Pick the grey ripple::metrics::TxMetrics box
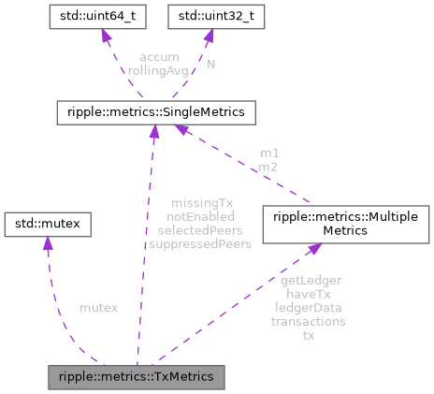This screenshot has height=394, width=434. click(137, 377)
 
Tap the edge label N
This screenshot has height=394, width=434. click(211, 64)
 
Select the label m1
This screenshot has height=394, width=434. click(269, 153)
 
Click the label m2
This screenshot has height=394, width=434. click(269, 166)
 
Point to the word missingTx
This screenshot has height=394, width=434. click(200, 203)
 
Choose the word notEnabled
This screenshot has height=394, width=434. click(200, 216)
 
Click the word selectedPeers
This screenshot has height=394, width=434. click(200, 229)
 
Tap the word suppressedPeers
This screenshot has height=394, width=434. click(200, 243)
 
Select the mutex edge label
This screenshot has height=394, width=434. click(98, 307)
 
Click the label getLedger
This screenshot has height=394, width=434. click(310, 280)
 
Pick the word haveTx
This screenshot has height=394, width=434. click(310, 294)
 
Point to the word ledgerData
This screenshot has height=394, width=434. click(310, 307)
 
